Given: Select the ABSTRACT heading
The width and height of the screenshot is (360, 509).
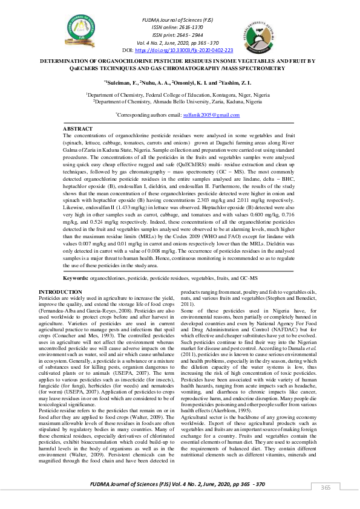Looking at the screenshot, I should (78, 129).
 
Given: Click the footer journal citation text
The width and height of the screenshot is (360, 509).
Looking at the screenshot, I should (177, 485).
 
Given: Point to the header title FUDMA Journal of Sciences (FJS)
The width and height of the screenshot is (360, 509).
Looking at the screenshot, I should (177, 21).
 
